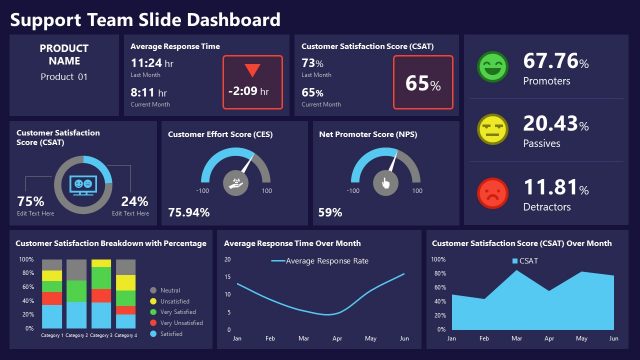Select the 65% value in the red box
pos(423,83)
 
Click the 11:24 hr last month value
pos(153,62)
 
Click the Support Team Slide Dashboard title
pos(146,20)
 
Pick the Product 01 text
pos(64,77)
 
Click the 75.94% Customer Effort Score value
pos(189,212)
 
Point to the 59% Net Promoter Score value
pos(330,212)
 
